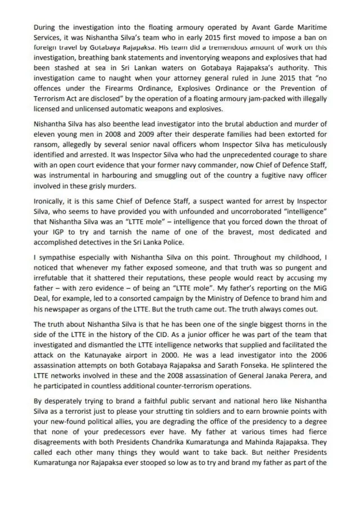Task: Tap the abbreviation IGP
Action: tap(55, 231)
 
